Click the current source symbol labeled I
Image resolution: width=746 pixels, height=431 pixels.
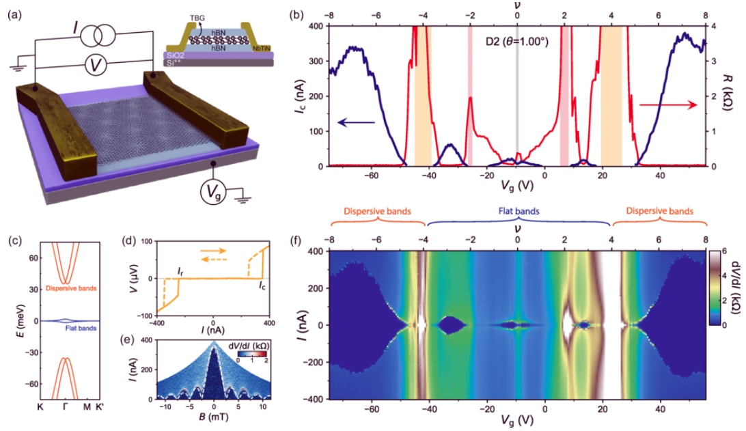pos(96,33)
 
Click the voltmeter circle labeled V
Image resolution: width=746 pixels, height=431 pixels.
pos(96,66)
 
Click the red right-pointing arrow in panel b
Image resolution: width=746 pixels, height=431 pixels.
pos(668,105)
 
